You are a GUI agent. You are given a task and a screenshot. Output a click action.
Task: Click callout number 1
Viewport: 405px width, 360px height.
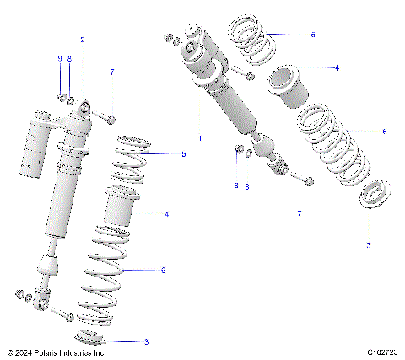tap(199, 137)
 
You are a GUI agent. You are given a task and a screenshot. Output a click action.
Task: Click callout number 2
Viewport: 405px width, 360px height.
tap(83, 40)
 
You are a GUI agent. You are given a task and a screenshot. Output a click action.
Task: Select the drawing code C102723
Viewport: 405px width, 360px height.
tap(383, 353)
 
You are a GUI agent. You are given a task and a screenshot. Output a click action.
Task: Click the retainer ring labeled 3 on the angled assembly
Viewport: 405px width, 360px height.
tap(369, 196)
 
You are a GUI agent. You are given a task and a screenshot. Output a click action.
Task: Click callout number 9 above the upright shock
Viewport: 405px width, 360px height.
tap(60, 57)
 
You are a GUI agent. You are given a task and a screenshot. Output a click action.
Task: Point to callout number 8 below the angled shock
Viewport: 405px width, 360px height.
tap(246, 186)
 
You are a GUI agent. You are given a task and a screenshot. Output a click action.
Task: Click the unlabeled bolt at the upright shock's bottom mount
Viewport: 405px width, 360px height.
tap(63, 314)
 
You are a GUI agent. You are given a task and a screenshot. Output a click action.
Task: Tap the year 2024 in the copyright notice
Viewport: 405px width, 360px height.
tap(25, 353)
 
